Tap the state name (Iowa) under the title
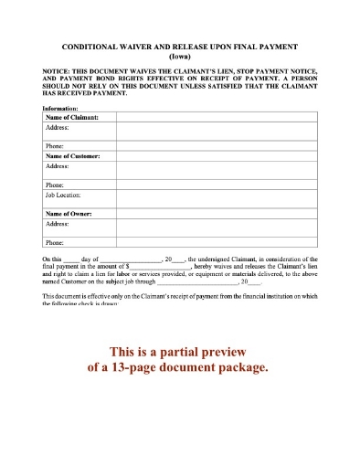[x=180, y=55]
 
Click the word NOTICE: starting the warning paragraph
[x=58, y=70]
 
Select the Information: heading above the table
[x=63, y=109]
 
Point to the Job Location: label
[x=64, y=195]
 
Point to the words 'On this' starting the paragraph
[x=53, y=259]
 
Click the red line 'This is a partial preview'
[x=179, y=352]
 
